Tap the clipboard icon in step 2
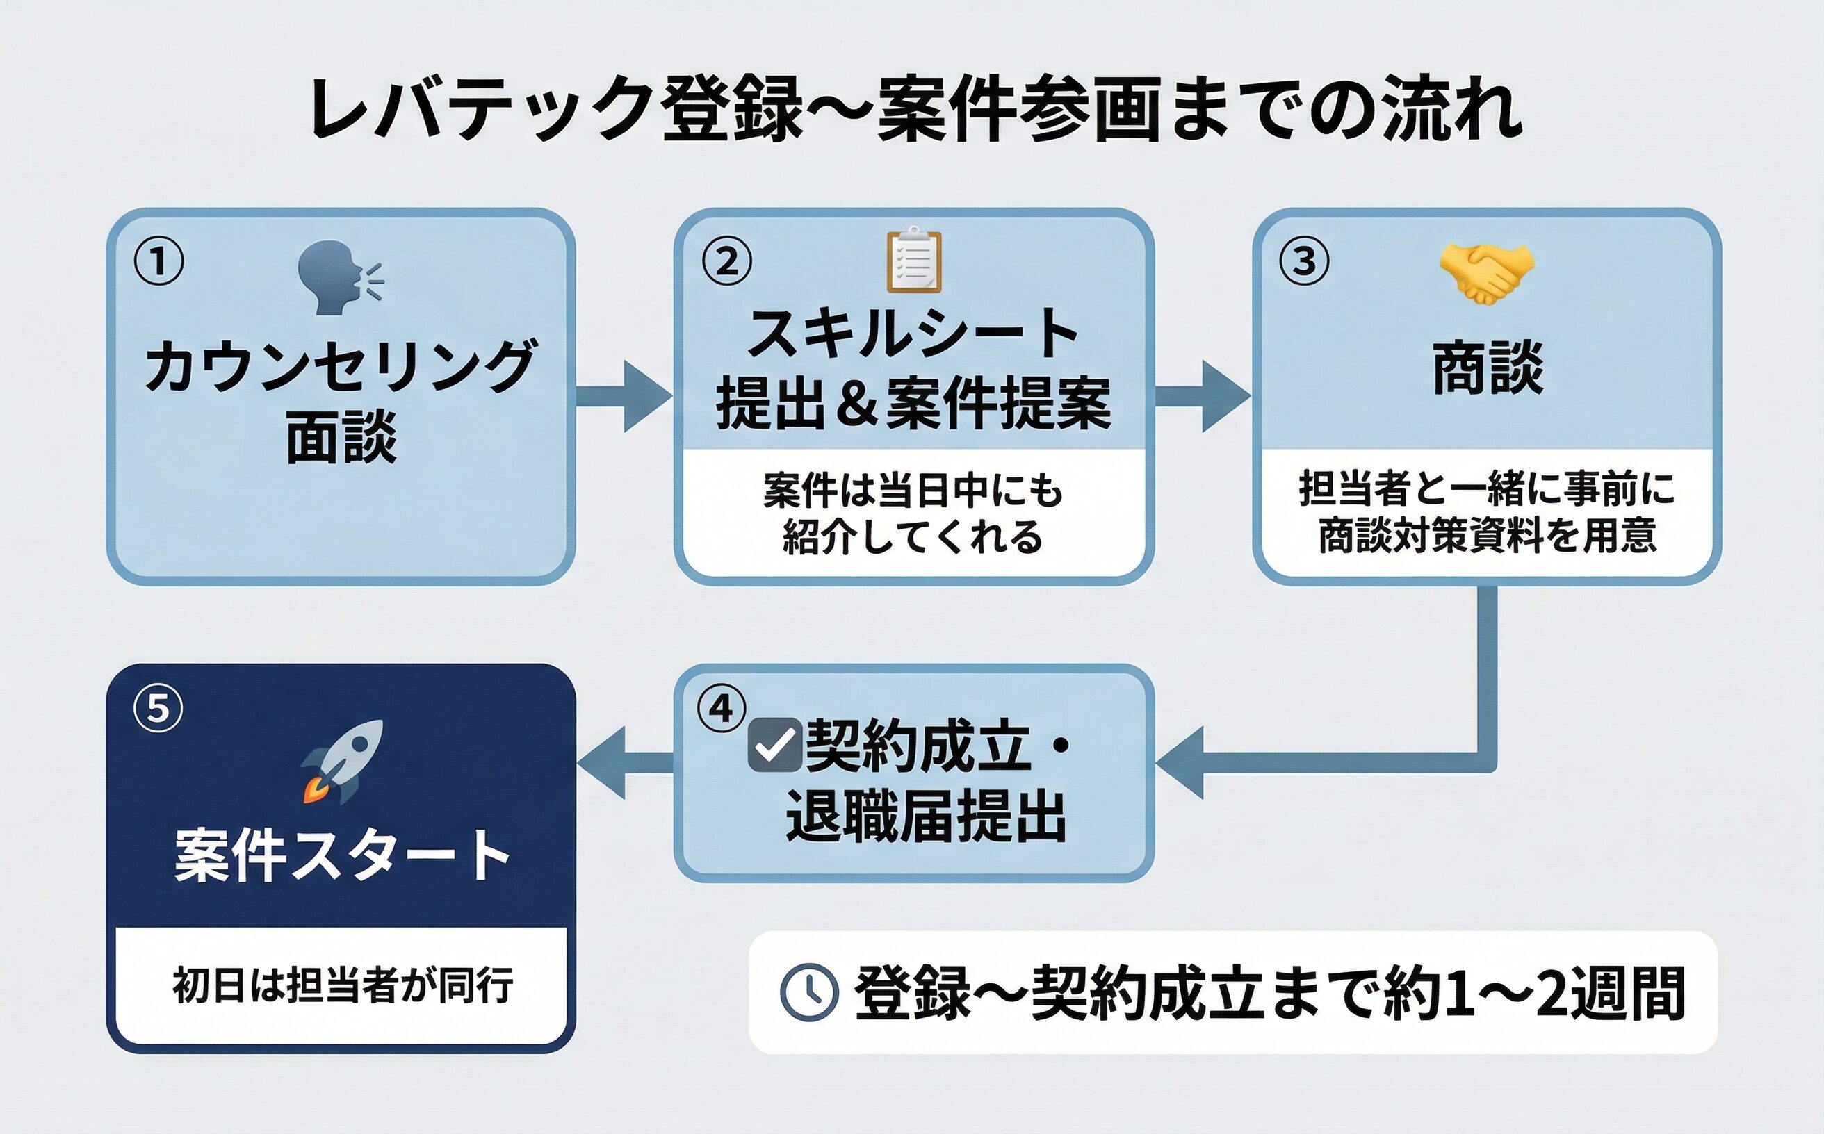(x=913, y=259)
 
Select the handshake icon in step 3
(x=1485, y=273)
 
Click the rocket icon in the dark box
(x=342, y=762)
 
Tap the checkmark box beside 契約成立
(x=775, y=745)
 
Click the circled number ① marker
(x=158, y=261)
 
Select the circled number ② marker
(x=726, y=261)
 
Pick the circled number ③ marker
(x=1304, y=261)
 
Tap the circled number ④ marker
(x=721, y=708)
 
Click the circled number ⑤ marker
(x=158, y=708)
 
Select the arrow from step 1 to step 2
(x=624, y=396)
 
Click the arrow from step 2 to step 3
(x=1202, y=396)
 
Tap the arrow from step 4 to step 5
(x=624, y=762)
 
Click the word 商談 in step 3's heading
(x=1488, y=368)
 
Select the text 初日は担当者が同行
(x=343, y=985)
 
